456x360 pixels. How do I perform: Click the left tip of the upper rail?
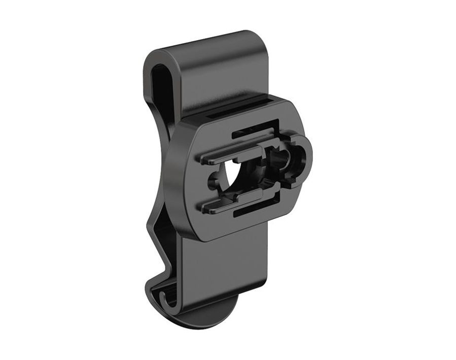(x=203, y=161)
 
